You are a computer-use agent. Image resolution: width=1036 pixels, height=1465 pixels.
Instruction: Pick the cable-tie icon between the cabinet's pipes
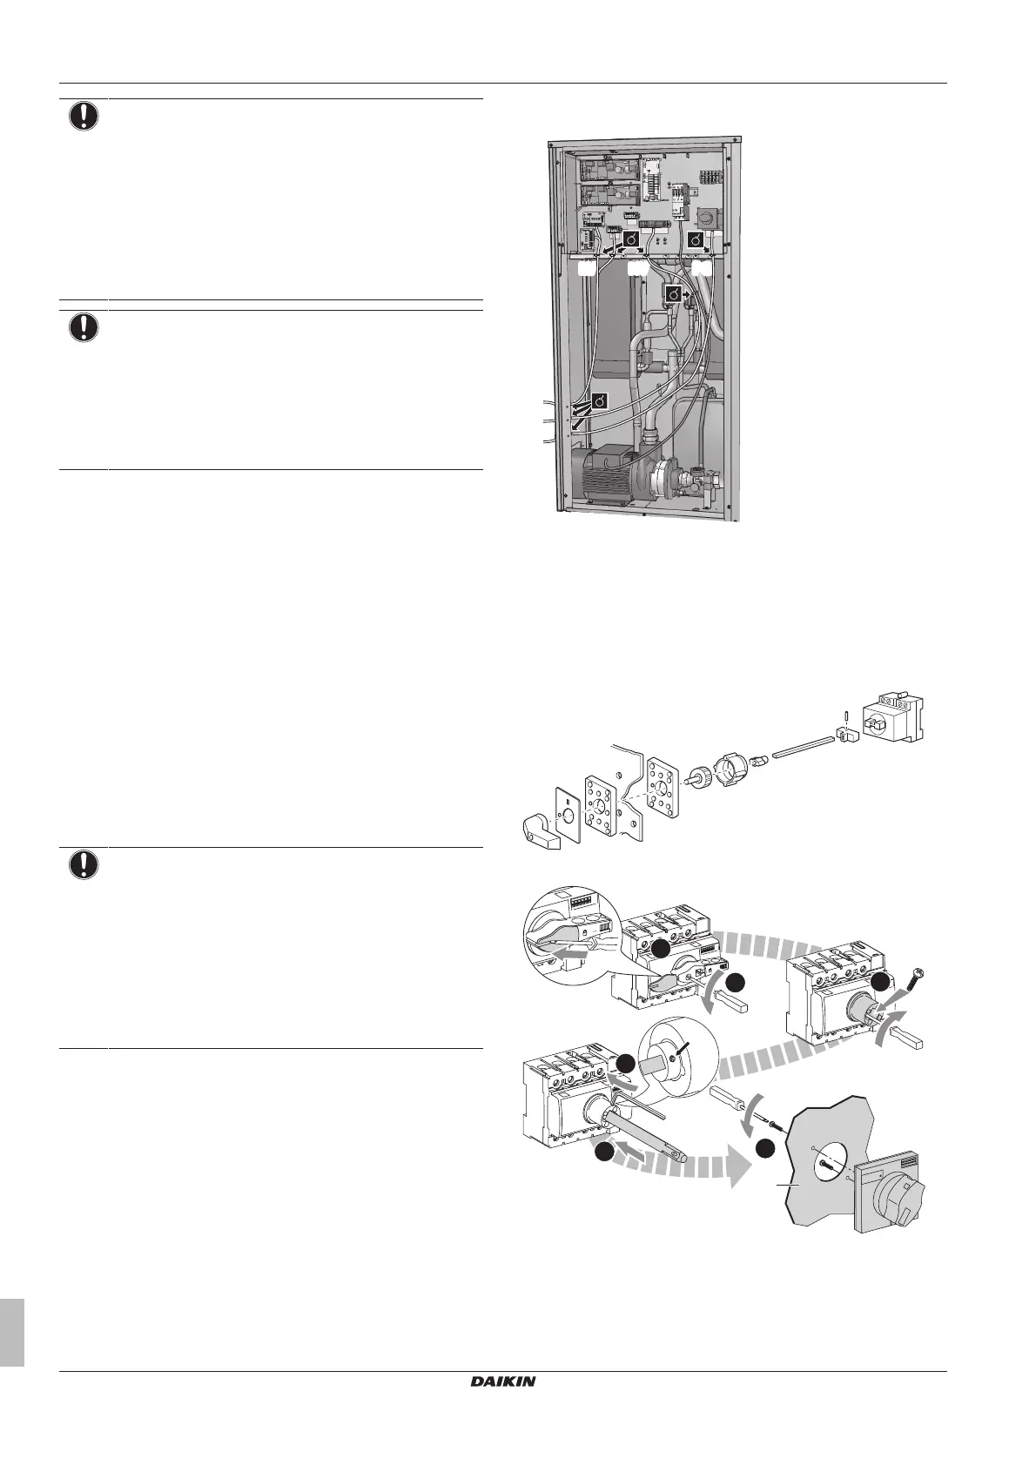pos(673,296)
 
